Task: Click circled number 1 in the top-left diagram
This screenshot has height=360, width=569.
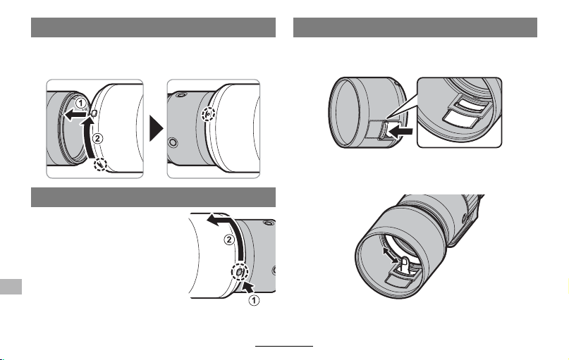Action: click(81, 102)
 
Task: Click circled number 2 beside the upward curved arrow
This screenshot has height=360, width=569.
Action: click(97, 138)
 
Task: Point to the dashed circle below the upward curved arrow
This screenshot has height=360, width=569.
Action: click(101, 165)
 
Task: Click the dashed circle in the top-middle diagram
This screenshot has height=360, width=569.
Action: click(208, 114)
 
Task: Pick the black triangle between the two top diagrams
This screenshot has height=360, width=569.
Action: click(157, 128)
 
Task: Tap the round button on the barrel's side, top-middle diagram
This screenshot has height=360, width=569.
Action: click(173, 142)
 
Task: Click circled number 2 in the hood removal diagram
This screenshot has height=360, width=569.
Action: click(229, 240)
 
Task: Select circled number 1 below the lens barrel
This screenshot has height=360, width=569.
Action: click(255, 301)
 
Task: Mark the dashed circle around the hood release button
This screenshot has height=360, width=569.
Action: click(240, 271)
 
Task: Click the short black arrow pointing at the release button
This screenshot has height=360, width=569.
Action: click(249, 287)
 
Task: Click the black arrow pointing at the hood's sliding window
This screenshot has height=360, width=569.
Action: click(400, 131)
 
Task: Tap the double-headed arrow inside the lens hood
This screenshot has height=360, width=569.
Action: click(391, 255)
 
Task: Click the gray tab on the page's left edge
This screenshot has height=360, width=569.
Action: click(11, 287)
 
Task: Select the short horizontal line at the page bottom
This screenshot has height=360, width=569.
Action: click(284, 346)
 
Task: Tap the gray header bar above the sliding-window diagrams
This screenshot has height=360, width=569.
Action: click(415, 27)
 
